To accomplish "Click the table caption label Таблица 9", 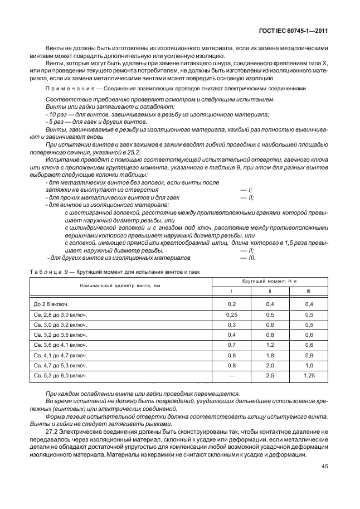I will point(46,271).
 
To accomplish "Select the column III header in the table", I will point(308,292).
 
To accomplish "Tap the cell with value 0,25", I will point(232,314).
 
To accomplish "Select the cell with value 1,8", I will point(270,355).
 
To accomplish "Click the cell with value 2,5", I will point(270,376).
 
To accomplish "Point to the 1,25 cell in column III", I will point(308,376).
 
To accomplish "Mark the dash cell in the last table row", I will point(232,376).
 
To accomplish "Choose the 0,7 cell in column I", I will point(232,345).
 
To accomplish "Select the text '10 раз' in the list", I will point(57,114).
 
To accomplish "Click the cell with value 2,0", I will point(270,366).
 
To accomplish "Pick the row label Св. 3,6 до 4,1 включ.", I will point(60,345).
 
